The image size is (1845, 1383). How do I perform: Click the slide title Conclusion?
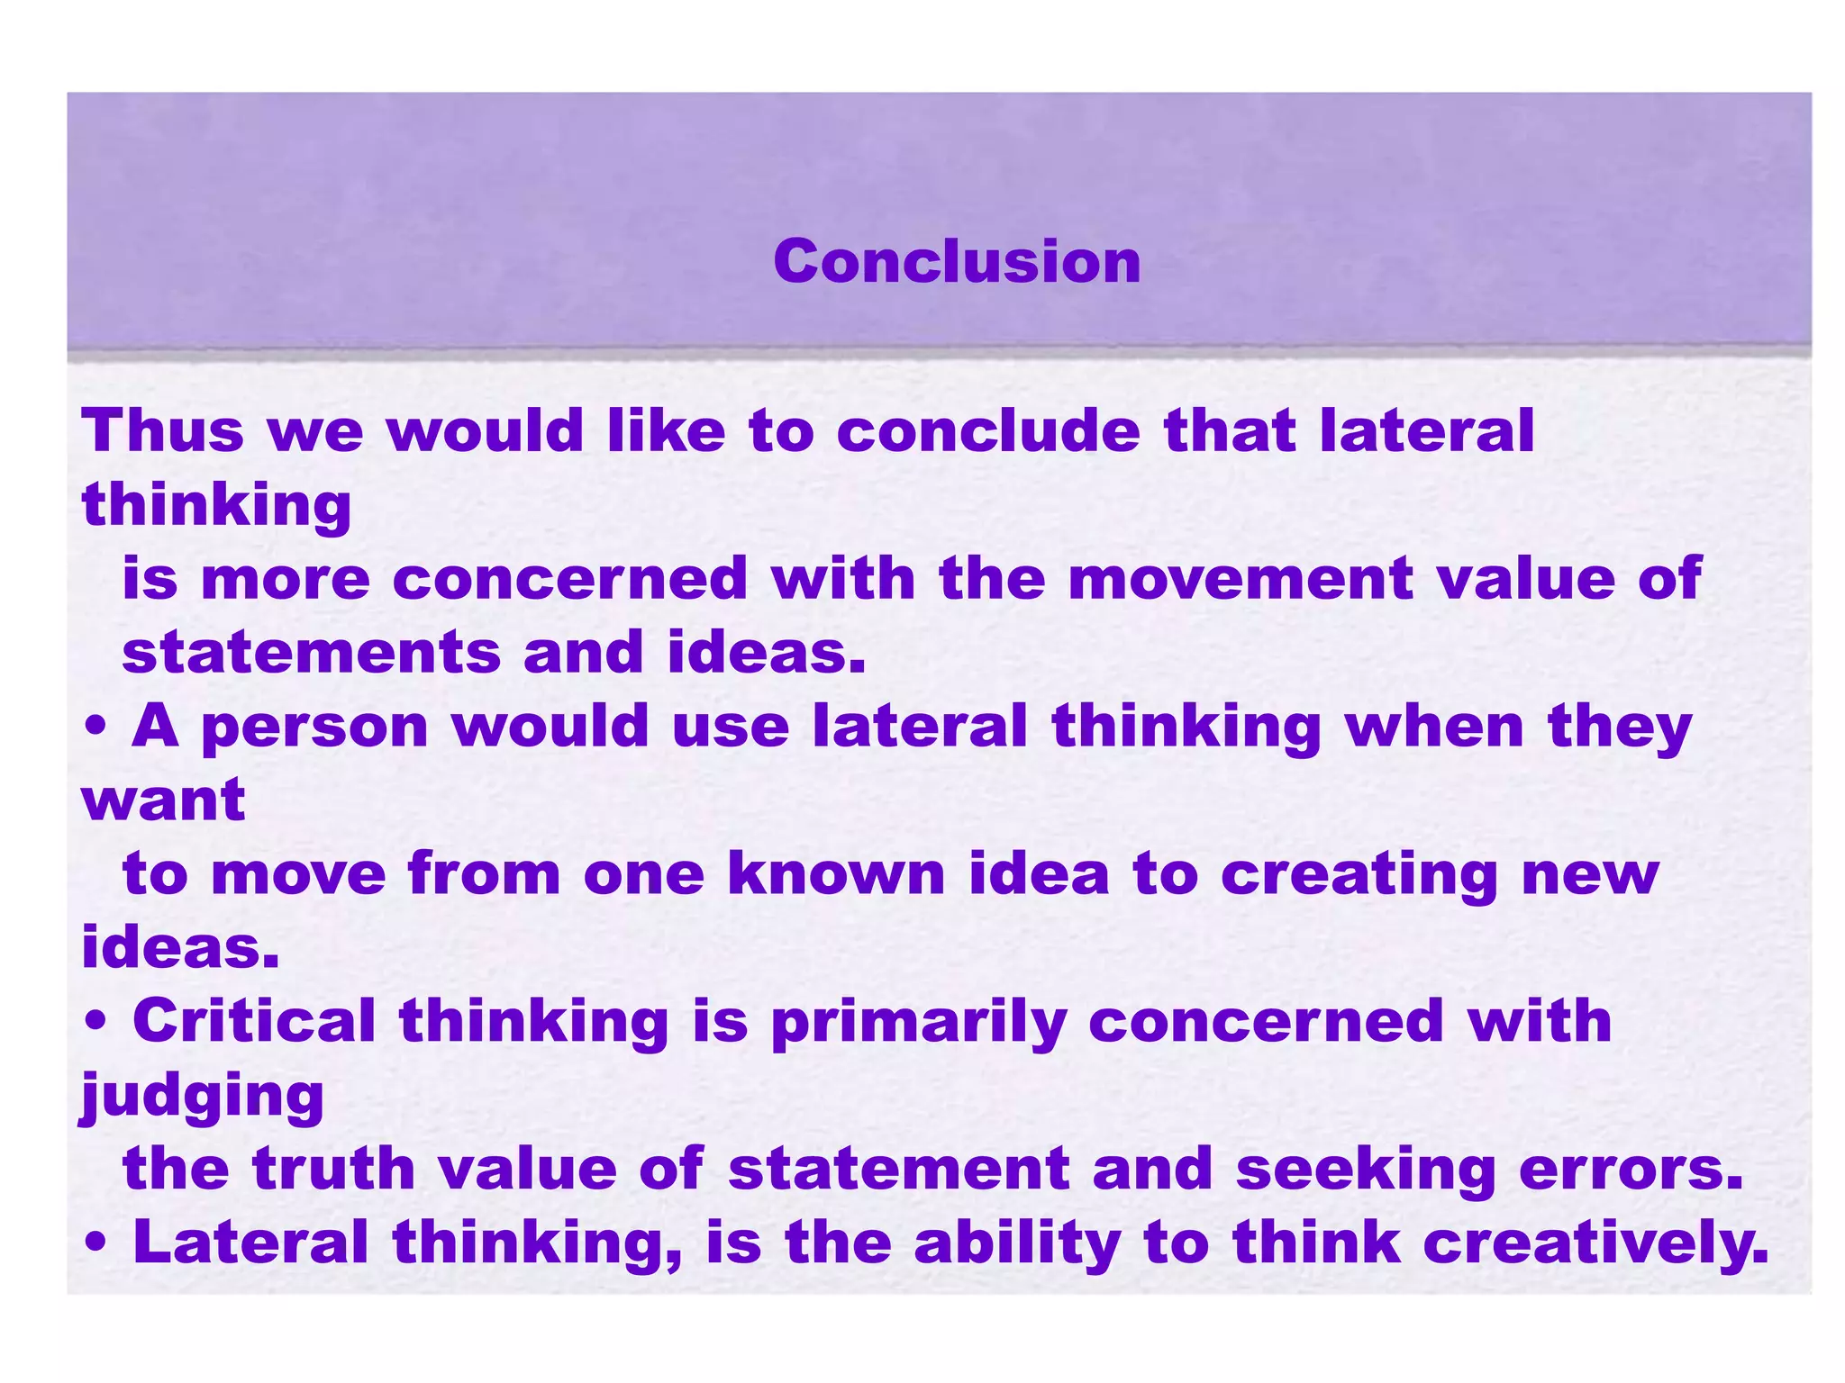pos(957,262)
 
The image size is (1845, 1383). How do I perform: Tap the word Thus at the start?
pos(163,430)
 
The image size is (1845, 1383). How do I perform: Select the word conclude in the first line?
pos(988,430)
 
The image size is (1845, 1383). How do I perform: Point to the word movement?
pos(1240,578)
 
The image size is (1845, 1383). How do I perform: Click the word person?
pos(315,728)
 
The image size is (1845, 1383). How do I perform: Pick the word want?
pos(163,800)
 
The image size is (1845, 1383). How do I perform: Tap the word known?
pos(836,873)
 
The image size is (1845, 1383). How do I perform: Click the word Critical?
pos(254,1021)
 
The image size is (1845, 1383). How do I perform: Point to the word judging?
pos(203,1097)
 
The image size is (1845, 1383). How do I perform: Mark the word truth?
pos(334,1169)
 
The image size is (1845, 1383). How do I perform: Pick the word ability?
pos(1017,1243)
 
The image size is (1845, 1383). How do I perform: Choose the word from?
pos(484,873)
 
